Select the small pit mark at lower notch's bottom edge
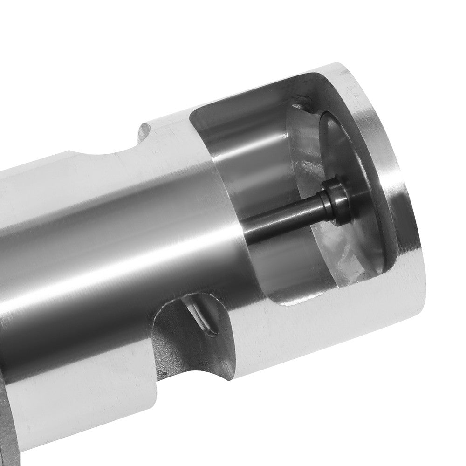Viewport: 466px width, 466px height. (x=161, y=373)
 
